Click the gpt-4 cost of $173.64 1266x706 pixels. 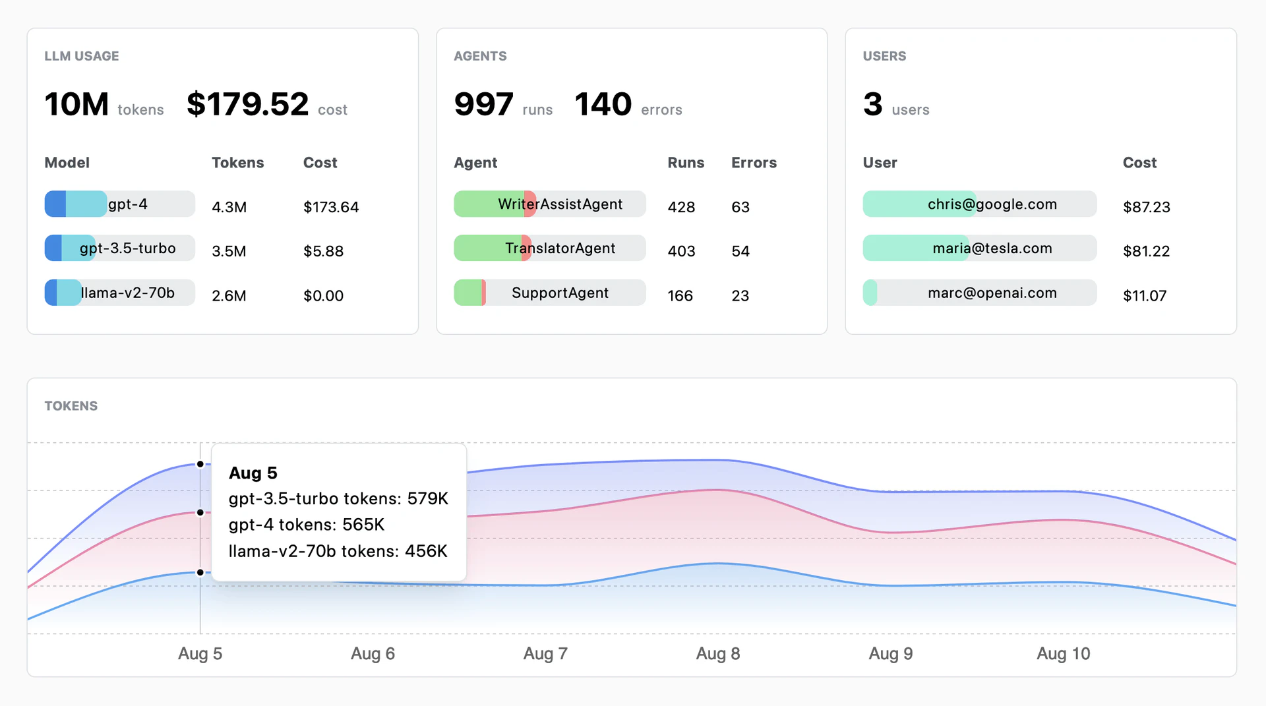[331, 207]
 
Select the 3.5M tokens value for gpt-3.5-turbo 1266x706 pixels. [229, 251]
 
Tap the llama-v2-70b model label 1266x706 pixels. [127, 293]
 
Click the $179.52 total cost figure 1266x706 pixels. [247, 104]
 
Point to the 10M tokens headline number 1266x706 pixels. [76, 104]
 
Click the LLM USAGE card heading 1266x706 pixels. [82, 56]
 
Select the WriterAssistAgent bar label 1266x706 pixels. [560, 204]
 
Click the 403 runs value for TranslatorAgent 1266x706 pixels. [681, 251]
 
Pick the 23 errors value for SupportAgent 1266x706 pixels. [740, 296]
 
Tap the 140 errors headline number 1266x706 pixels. [603, 104]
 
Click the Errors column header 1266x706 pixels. [754, 163]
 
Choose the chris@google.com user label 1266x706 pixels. [992, 204]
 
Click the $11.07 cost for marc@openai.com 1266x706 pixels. [1145, 296]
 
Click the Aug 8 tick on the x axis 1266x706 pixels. [718, 654]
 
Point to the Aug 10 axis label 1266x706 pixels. [1063, 654]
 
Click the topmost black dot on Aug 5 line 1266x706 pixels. [200, 464]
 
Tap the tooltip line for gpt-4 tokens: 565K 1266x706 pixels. [307, 525]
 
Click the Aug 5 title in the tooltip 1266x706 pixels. [253, 473]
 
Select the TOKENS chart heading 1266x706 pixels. [71, 406]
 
